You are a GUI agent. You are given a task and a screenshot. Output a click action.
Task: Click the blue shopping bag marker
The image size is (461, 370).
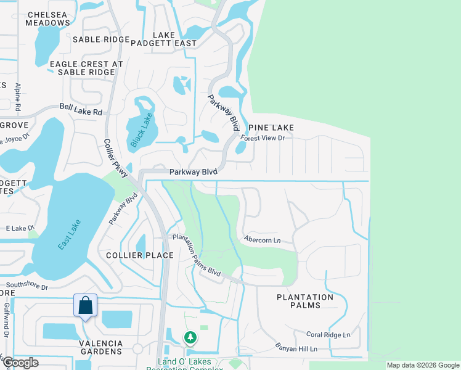click(85, 305)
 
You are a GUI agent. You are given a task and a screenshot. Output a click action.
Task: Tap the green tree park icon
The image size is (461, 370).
click(190, 337)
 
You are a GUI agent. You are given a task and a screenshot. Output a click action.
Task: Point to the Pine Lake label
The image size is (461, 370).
click(271, 128)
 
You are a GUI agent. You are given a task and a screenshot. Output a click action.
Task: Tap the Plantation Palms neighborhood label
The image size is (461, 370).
click(304, 301)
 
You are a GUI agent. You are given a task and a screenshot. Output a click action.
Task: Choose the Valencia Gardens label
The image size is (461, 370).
click(92, 351)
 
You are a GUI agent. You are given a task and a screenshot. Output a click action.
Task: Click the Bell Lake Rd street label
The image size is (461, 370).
click(81, 110)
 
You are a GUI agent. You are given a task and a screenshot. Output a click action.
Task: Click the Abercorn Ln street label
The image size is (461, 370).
click(262, 239)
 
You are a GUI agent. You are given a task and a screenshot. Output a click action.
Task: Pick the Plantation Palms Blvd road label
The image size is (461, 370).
click(196, 254)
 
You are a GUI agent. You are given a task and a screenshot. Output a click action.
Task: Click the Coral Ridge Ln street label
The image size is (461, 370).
click(328, 334)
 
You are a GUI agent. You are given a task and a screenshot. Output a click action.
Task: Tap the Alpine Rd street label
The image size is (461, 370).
click(18, 97)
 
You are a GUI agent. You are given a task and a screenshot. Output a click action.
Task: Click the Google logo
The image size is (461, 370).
click(20, 363)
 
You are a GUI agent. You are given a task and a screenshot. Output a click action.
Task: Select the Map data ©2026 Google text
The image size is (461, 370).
click(422, 365)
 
